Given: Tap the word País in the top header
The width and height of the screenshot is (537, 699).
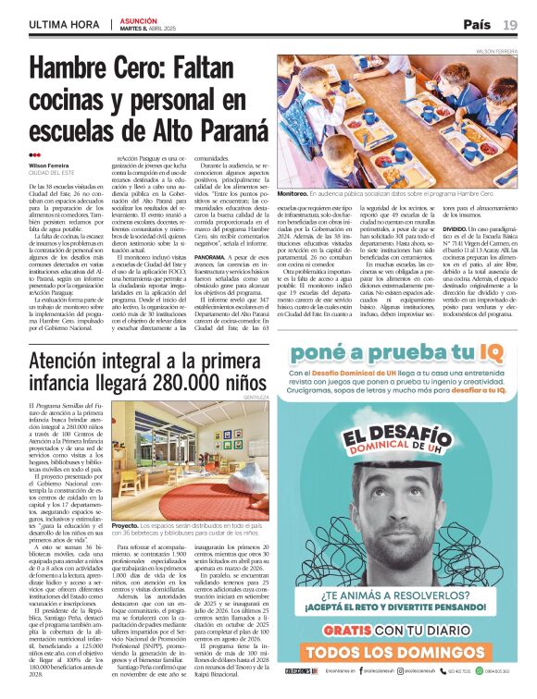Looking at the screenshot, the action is pos(477,24).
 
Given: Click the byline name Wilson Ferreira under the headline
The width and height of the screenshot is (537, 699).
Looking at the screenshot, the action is pos(48,166).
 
